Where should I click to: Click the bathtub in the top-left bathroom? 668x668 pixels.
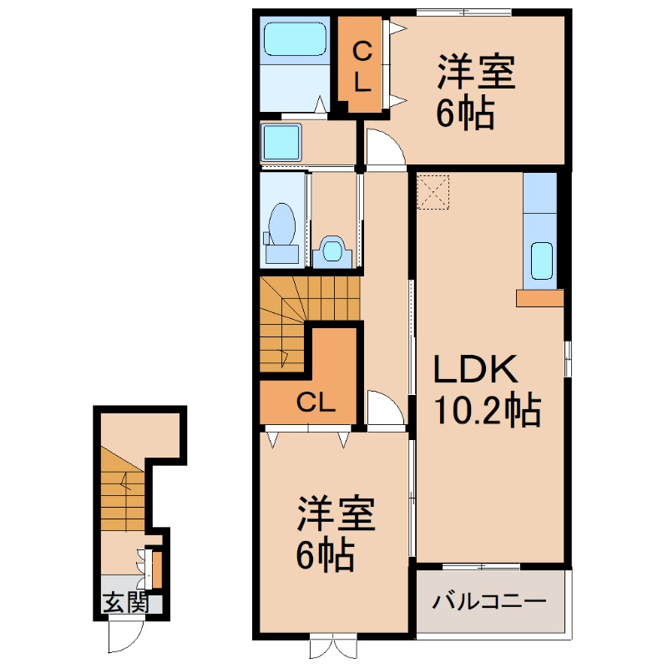[294, 39]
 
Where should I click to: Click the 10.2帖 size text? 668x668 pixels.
[487, 411]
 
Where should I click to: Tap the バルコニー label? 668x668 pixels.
[490, 601]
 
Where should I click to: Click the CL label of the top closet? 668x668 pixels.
[362, 66]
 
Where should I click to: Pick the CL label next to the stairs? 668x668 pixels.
[317, 404]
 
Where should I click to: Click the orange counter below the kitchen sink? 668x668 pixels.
[539, 297]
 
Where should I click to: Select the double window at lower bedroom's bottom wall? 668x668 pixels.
[332, 648]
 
